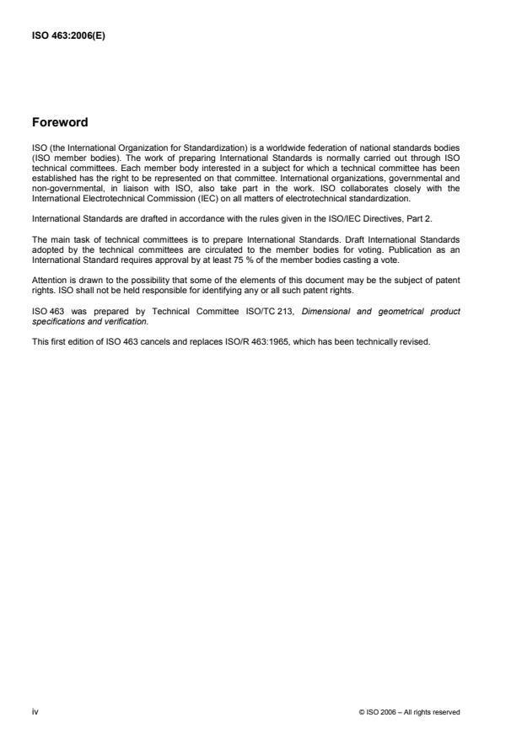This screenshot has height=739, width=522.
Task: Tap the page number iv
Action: [x=35, y=711]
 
